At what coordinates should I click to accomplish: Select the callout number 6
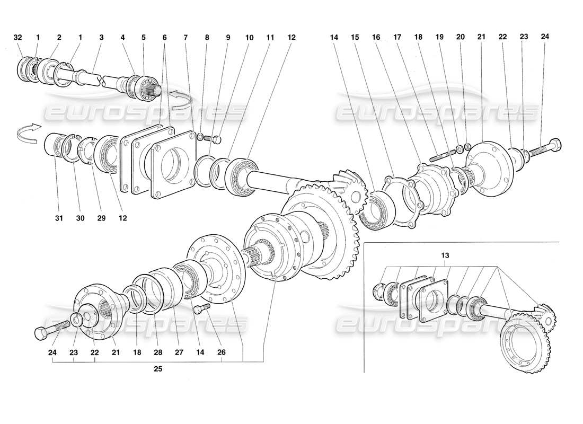click(164, 38)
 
